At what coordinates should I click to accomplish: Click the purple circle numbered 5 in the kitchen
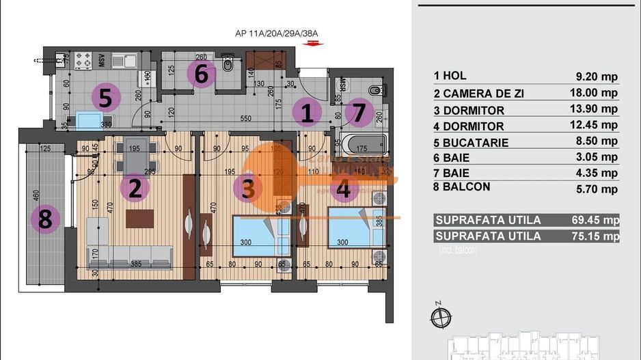[x=105, y=98]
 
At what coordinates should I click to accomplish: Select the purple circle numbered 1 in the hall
[x=307, y=113]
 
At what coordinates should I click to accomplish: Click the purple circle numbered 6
[x=201, y=74]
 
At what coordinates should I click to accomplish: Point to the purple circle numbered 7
[x=359, y=113]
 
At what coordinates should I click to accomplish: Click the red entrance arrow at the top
[x=314, y=43]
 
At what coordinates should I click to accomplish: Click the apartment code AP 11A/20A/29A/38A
[x=277, y=33]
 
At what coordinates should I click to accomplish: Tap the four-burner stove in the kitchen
[x=83, y=60]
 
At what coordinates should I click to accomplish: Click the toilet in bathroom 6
[x=229, y=66]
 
